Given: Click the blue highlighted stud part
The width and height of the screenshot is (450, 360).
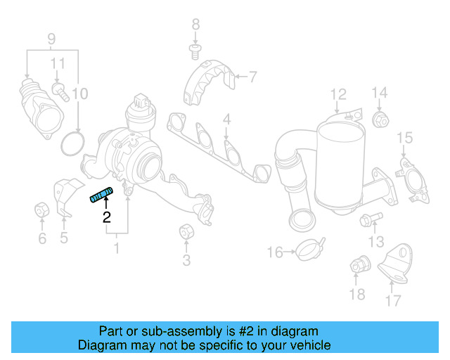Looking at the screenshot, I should pyautogui.click(x=101, y=194).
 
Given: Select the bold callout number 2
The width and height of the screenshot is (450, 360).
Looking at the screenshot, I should pyautogui.click(x=106, y=217).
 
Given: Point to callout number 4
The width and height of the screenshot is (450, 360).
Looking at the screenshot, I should pyautogui.click(x=226, y=122).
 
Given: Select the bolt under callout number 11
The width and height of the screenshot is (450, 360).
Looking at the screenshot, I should pyautogui.click(x=58, y=91).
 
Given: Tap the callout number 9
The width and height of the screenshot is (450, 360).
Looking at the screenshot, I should pyautogui.click(x=51, y=38).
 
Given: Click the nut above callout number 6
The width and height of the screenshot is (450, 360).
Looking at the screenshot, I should pyautogui.click(x=41, y=210).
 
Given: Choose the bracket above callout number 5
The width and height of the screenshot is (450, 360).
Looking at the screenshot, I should pyautogui.click(x=65, y=196).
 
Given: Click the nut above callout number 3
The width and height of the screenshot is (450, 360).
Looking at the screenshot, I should pyautogui.click(x=186, y=231).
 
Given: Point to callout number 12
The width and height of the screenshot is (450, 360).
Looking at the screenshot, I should pyautogui.click(x=339, y=94).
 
